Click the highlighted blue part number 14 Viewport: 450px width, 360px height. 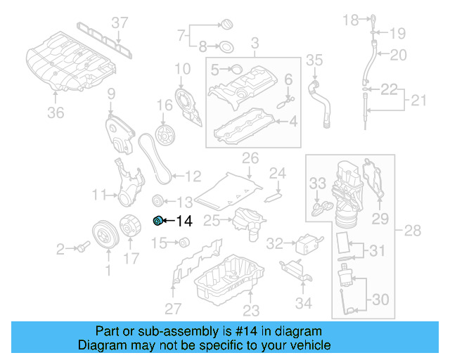click(158, 221)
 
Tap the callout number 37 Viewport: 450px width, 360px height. click(120, 23)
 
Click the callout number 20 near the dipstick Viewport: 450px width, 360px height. click(398, 55)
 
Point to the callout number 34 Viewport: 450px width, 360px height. click(303, 304)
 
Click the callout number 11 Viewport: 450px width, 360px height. click(101, 193)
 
